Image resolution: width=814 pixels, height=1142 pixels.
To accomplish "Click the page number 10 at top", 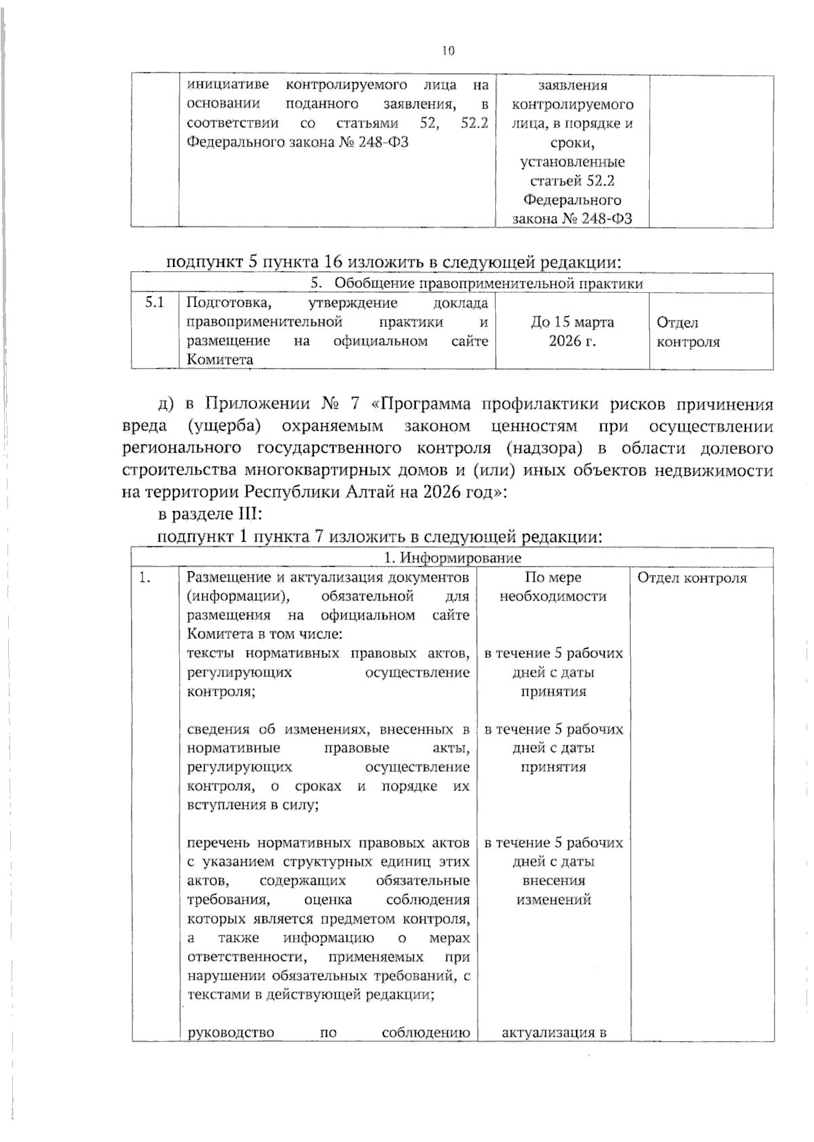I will pos(448,50).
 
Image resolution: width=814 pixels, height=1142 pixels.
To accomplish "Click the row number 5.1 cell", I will pos(155,303).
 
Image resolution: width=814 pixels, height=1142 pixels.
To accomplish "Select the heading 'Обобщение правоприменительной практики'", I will pos(488,283).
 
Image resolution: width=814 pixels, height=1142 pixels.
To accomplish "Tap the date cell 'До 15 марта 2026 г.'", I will pos(572,331).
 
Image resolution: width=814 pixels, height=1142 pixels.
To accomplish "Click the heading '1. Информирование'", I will pos(452,558).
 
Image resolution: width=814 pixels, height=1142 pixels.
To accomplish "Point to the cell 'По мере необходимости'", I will pos(553,587).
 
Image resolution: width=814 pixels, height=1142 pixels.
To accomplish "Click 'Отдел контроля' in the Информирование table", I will pos(692,578).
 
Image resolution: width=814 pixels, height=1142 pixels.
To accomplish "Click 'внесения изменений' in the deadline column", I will pos(553,890).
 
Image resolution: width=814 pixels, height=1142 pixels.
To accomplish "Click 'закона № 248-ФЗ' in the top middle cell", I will pos(572,219).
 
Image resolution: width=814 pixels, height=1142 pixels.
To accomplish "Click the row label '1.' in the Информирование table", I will pos(144,578).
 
